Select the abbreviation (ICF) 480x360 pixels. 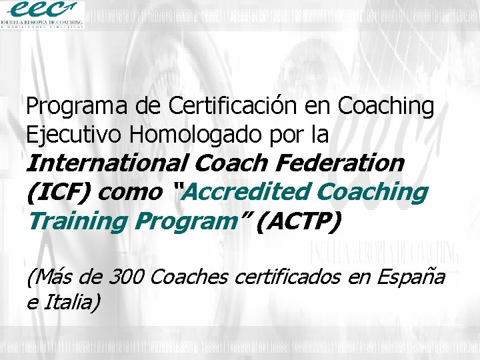click(58, 192)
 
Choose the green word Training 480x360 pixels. click(72, 221)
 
